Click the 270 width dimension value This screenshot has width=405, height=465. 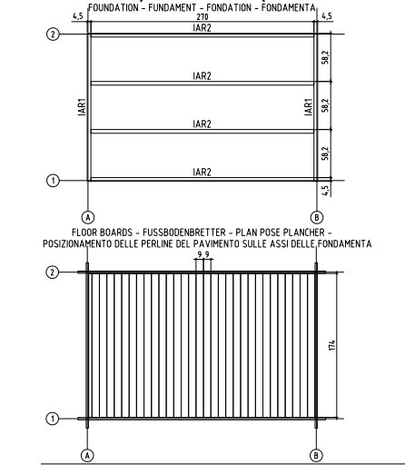point(202,17)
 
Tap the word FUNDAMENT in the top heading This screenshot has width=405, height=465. point(172,7)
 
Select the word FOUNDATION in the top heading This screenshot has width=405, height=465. point(114,7)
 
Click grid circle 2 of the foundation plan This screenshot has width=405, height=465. point(53,34)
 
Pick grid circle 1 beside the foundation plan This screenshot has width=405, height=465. point(53,181)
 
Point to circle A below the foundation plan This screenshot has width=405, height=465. point(88,217)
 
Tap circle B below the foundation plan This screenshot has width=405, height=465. point(317,217)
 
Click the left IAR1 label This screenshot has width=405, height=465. point(82,107)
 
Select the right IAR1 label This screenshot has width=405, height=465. point(308,107)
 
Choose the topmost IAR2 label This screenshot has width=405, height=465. point(202,28)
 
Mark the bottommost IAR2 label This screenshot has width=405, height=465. point(202,172)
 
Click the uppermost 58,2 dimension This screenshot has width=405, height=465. point(325,57)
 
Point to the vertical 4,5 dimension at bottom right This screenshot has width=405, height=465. point(325,191)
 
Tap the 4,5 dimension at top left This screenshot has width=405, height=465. point(77,16)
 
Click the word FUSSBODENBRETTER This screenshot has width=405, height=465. point(184,232)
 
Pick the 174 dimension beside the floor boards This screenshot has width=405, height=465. point(332,345)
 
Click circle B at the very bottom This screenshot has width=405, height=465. point(316,455)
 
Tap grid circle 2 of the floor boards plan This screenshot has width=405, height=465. point(53,272)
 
